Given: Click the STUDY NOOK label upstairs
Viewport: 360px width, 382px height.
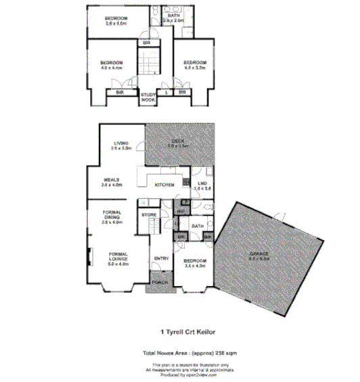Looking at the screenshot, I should tap(148, 96).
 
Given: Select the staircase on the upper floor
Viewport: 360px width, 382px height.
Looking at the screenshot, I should tap(148, 61).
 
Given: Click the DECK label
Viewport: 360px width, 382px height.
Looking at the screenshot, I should tap(179, 142).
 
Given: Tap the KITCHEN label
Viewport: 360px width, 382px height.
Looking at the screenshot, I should tap(165, 185).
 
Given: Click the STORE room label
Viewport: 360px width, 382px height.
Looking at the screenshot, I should tap(148, 215).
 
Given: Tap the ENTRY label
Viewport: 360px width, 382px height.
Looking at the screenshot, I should tap(161, 258).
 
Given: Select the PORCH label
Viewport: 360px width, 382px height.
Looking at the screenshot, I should tap(159, 282).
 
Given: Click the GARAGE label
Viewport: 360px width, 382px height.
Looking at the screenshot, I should tap(259, 256).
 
